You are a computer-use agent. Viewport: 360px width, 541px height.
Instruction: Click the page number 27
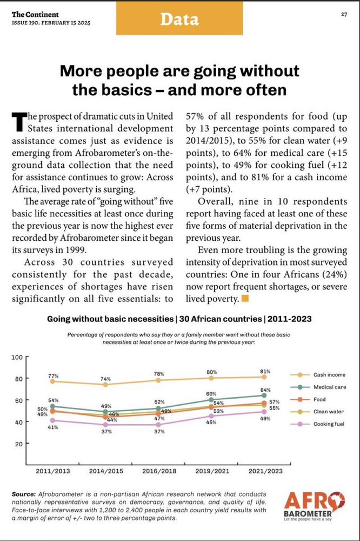coord(344,14)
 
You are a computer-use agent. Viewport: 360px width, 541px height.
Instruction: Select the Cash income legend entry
coord(329,374)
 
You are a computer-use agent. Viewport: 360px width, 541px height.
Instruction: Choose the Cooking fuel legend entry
coord(329,424)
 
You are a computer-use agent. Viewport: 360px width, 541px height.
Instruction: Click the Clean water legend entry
coord(329,411)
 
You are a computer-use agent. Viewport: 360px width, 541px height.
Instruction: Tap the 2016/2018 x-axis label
coord(158,471)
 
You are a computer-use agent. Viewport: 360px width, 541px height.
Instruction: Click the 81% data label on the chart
coord(264,372)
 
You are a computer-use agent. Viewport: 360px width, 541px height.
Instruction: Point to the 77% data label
coord(52,375)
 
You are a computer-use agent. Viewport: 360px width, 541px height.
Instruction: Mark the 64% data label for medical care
coord(264,390)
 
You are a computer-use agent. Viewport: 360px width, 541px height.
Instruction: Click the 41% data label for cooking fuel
coord(52,427)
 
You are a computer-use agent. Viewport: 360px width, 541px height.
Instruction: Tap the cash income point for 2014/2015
coord(105,385)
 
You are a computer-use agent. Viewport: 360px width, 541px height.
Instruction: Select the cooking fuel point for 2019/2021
coord(211,416)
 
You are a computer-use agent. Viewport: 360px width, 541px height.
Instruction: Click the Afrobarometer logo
coord(314,505)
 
